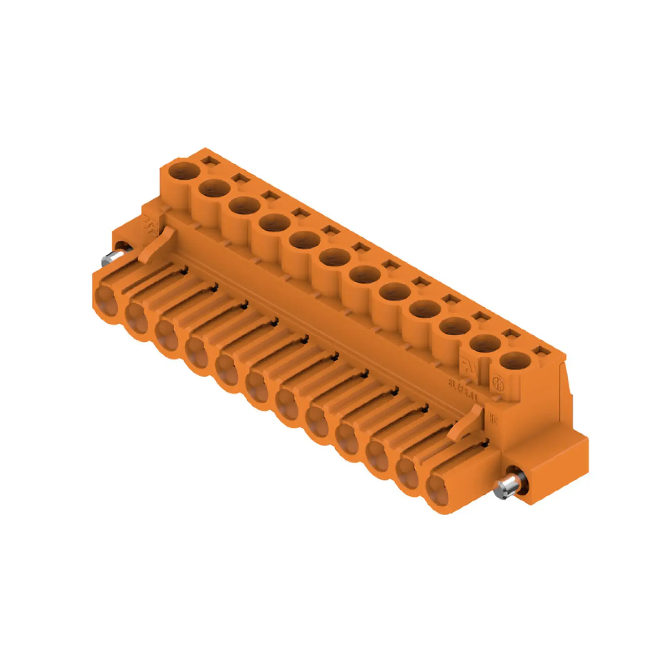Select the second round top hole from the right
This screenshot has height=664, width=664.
[484, 344]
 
